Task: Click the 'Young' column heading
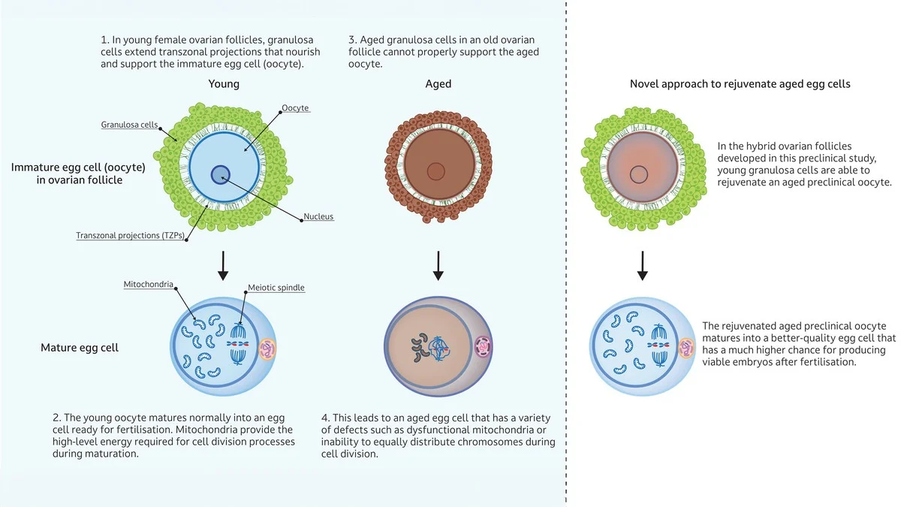224,84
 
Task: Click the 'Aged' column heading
438,84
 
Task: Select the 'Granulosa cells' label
129,125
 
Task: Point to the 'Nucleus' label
318,217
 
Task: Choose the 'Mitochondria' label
149,285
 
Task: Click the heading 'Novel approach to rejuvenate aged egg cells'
740,84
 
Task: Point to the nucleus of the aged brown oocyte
436,171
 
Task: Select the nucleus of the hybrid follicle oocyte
639,175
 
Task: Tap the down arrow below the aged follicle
438,264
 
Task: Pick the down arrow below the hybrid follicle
642,264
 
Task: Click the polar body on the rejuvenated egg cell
686,346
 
